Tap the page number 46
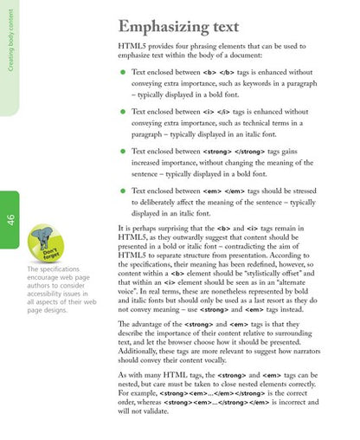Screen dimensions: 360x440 (x=10, y=219)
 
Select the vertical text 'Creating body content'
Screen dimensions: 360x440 (x=10, y=55)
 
